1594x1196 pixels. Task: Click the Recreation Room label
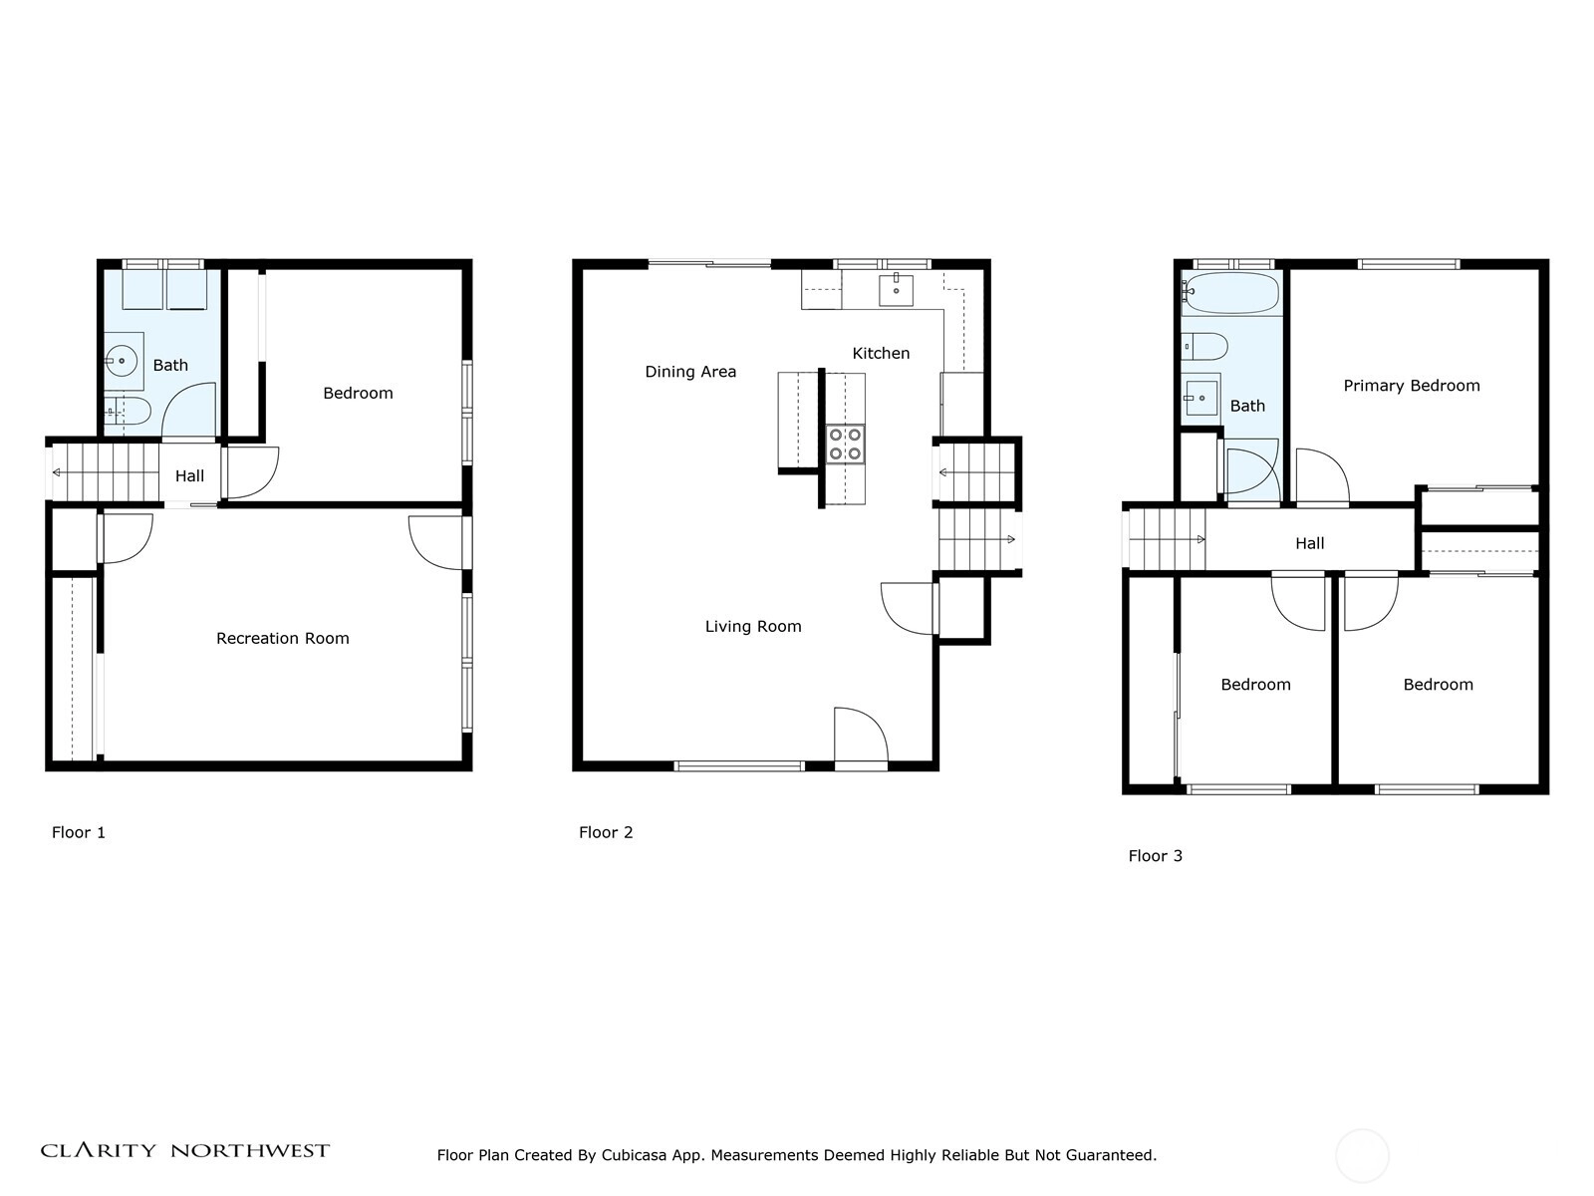coord(283,638)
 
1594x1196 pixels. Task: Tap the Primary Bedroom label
coord(1411,386)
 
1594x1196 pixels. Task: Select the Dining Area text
coord(690,372)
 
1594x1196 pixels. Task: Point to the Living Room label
coord(753,627)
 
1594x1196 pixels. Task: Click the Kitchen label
coord(881,354)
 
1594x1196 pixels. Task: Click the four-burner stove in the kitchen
coord(846,444)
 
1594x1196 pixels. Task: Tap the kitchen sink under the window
coord(896,290)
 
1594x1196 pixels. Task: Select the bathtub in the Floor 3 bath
coord(1231,293)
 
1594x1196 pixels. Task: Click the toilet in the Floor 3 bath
coord(1204,347)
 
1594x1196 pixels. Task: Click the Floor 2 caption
coord(606,832)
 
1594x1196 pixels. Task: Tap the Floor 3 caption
coord(1156,855)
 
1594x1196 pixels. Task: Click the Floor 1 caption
coord(79,832)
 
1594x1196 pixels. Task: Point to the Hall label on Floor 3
coord(1309,543)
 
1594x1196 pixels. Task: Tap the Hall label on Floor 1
coord(189,476)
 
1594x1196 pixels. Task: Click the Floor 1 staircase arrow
coord(105,472)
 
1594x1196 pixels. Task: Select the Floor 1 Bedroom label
coord(358,393)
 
